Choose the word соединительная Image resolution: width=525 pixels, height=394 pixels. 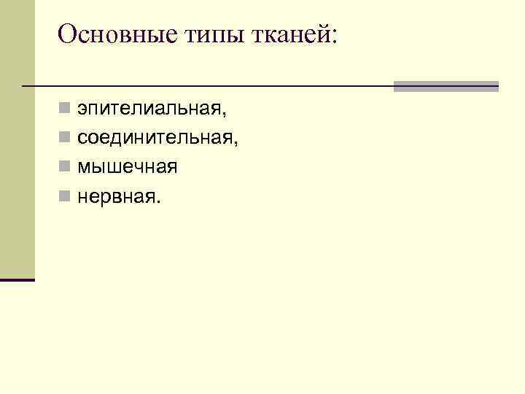pyautogui.click(x=155, y=138)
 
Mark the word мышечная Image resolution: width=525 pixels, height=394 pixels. pyautogui.click(x=128, y=167)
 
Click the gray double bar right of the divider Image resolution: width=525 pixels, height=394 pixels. pyautogui.click(x=446, y=86)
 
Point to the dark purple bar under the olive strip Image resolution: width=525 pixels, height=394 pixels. pyautogui.click(x=17, y=279)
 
